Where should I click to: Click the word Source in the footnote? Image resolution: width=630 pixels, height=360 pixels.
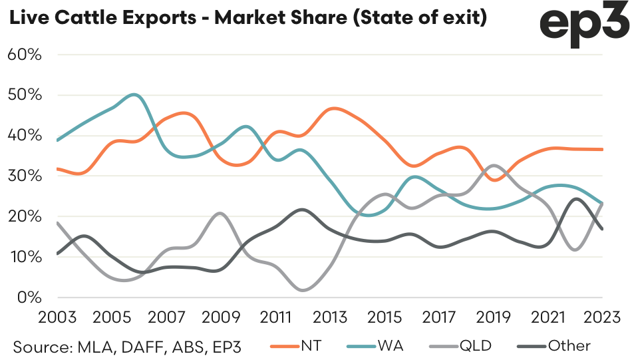pos(41,345)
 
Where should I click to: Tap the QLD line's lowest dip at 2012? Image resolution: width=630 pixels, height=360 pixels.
pos(303,290)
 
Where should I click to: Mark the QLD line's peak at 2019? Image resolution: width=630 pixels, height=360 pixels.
pos(493,165)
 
